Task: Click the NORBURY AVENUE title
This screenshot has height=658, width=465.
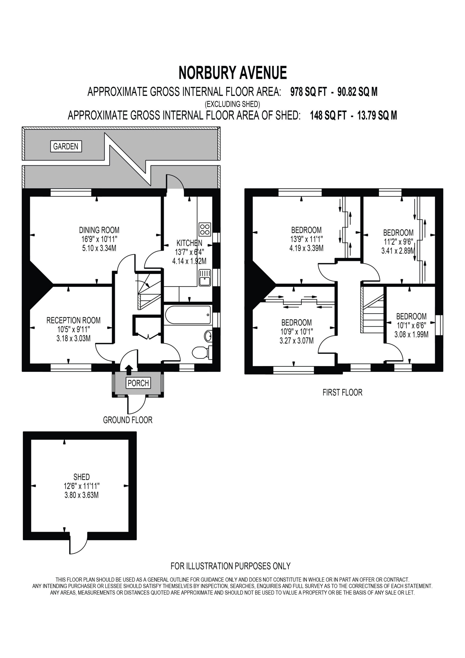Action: pyautogui.click(x=233, y=73)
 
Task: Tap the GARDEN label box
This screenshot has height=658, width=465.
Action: pyautogui.click(x=66, y=147)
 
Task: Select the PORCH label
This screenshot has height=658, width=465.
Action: pyautogui.click(x=138, y=383)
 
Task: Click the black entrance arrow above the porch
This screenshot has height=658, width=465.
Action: pyautogui.click(x=129, y=370)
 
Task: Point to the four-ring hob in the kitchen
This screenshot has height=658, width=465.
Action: pyautogui.click(x=205, y=229)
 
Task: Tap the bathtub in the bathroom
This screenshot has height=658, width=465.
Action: pyautogui.click(x=188, y=315)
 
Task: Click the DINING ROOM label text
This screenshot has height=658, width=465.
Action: pyautogui.click(x=99, y=230)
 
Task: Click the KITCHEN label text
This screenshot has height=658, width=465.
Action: pyautogui.click(x=189, y=243)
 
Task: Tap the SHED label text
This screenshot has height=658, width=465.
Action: pyautogui.click(x=82, y=477)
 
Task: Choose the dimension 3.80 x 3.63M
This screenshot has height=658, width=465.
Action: pyautogui.click(x=82, y=495)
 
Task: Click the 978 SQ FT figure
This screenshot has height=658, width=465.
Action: pyautogui.click(x=309, y=92)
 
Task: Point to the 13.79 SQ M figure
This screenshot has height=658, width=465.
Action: pyautogui.click(x=377, y=115)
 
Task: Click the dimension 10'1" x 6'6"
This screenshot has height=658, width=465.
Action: pyautogui.click(x=411, y=325)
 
